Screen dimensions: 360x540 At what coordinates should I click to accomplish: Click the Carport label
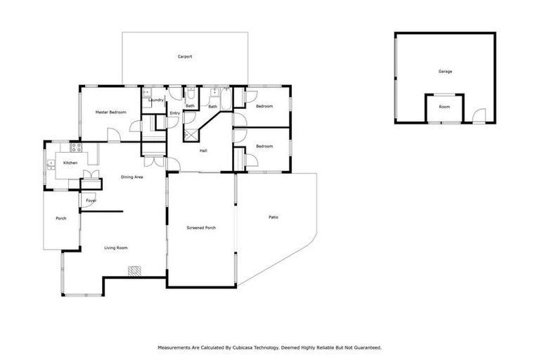click(x=185, y=57)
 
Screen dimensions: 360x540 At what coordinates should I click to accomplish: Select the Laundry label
click(x=156, y=100)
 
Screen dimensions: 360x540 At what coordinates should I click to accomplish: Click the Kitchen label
click(x=70, y=163)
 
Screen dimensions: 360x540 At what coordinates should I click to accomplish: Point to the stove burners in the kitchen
click(x=76, y=148)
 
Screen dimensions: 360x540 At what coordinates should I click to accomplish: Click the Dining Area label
click(x=131, y=176)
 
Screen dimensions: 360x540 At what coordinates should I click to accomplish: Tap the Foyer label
click(x=91, y=201)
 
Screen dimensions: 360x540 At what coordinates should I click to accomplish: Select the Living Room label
click(x=116, y=247)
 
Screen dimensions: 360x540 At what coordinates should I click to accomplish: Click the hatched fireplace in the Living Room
click(x=134, y=270)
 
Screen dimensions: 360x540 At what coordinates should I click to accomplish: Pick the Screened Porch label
click(x=200, y=228)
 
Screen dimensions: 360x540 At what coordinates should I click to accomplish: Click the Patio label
click(x=274, y=217)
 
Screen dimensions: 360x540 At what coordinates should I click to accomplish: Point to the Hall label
click(x=203, y=150)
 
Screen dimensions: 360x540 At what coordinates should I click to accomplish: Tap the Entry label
click(x=174, y=113)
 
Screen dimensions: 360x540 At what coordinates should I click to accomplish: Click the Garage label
click(x=444, y=72)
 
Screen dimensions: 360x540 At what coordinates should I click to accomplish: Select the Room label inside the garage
click(x=444, y=107)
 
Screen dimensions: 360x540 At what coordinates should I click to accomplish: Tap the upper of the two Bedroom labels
click(x=264, y=106)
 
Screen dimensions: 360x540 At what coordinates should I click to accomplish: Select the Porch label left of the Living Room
click(x=61, y=219)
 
